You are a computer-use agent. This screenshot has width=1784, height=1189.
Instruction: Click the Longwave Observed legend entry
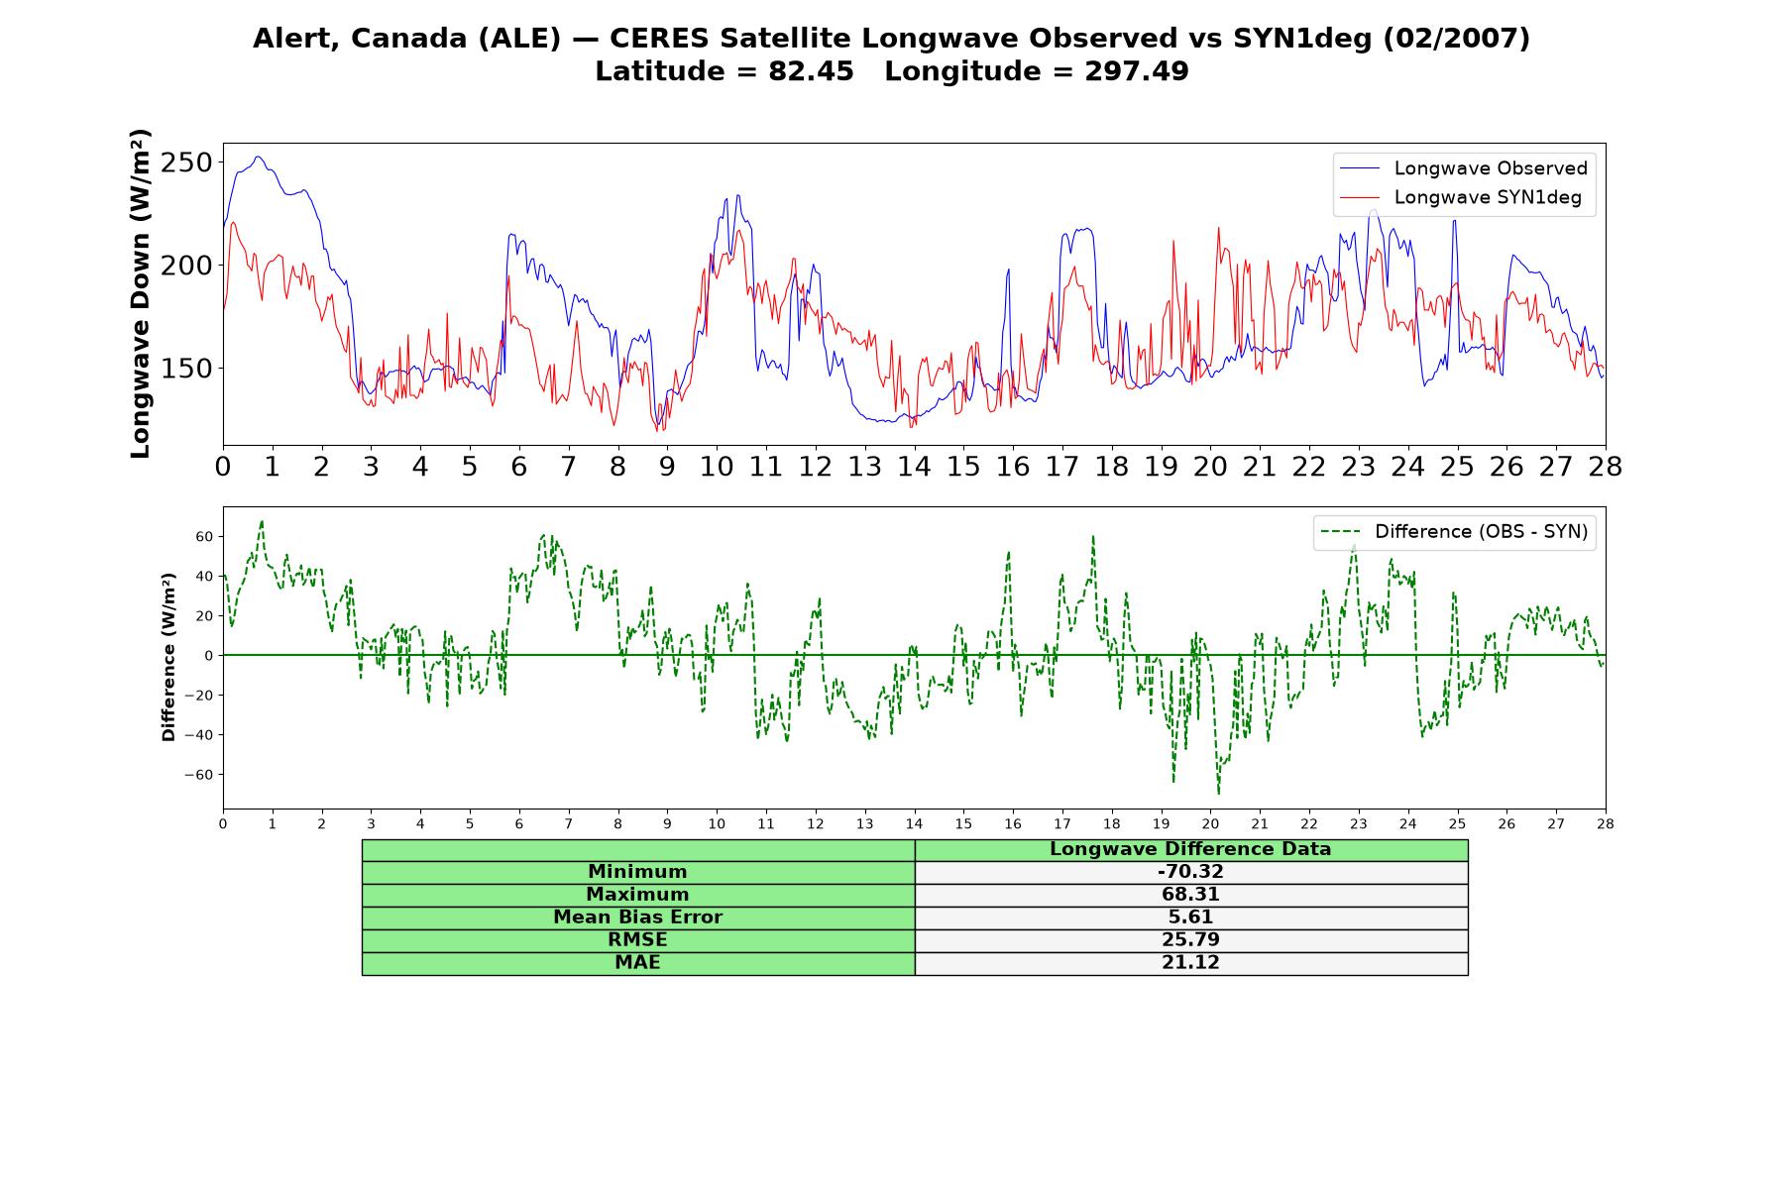[1463, 168]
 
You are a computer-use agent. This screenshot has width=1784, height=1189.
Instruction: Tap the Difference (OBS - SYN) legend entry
[1454, 532]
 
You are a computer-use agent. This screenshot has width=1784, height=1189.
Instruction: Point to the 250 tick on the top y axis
[187, 162]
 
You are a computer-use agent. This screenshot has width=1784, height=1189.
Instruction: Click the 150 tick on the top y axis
[187, 369]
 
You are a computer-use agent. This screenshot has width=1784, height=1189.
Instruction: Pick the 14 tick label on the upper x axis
[914, 467]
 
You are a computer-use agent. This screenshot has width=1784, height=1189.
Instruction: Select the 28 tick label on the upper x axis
[1605, 467]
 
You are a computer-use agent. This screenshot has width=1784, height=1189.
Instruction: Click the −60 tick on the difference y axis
[198, 775]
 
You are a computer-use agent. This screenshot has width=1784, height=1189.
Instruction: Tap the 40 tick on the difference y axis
[204, 577]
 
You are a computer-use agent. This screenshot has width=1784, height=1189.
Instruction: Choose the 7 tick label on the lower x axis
[569, 823]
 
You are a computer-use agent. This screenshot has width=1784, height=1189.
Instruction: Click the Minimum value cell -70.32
[1190, 872]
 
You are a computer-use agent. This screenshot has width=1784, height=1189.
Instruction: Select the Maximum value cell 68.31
[1190, 895]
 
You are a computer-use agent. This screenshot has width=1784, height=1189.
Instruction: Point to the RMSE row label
[638, 940]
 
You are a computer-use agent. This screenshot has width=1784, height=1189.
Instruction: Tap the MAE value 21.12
[1190, 963]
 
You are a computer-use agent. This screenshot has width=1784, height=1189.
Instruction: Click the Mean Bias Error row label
[638, 918]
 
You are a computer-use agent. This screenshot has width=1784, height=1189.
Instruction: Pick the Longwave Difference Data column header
[1190, 849]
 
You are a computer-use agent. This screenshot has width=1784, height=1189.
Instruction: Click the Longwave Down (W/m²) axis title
[140, 293]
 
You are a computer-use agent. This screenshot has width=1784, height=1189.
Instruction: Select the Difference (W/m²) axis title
[168, 657]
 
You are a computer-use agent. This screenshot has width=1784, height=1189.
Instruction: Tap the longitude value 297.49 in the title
[1137, 72]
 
